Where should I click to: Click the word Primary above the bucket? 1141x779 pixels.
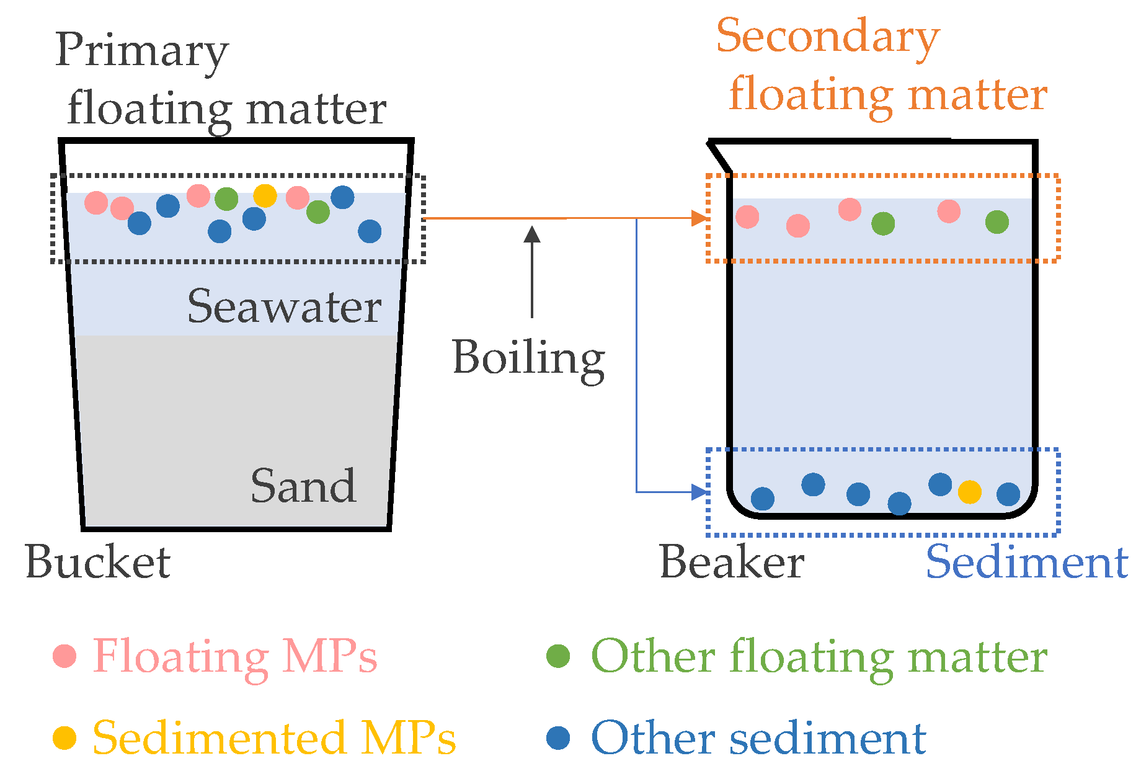point(142,51)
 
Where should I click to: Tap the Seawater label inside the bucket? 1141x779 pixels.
point(284,306)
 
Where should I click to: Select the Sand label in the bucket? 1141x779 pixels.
point(303,486)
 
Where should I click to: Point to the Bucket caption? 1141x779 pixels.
point(98,563)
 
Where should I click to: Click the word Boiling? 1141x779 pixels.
point(528,358)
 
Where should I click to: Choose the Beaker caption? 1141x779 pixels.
point(732,563)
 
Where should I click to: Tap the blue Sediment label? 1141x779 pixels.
point(1026,563)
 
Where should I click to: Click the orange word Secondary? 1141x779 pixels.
point(828,37)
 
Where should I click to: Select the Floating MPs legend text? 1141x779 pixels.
point(235,657)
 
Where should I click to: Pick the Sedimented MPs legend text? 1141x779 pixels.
point(274,738)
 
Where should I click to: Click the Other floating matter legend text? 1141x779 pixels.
point(819,657)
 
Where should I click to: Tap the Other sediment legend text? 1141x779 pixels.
point(758,738)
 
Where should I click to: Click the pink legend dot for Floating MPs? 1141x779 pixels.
point(64,656)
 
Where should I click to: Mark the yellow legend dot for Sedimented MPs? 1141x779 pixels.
point(64,738)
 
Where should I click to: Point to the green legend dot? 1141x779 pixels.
point(558,656)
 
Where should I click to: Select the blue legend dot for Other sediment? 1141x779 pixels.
point(558,738)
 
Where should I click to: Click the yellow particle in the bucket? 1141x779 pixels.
point(265,195)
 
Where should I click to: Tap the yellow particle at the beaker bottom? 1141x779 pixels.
point(969,492)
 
